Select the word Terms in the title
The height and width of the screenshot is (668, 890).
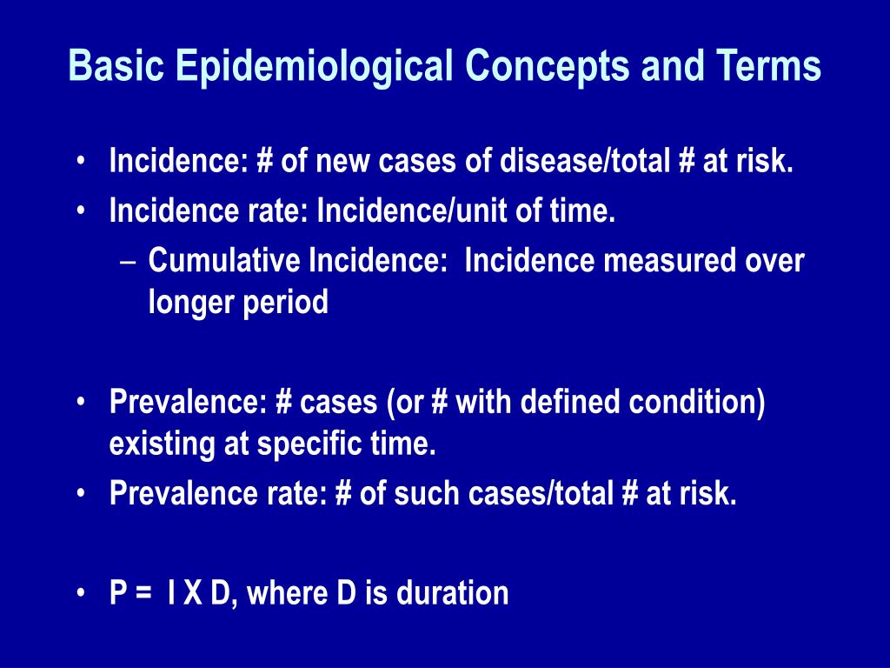pyautogui.click(x=768, y=65)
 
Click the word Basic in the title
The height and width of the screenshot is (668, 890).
pyautogui.click(x=116, y=65)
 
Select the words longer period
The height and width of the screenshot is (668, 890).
pyautogui.click(x=238, y=303)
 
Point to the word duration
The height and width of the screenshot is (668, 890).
pyautogui.click(x=452, y=593)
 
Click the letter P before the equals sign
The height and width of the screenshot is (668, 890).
pyautogui.click(x=118, y=593)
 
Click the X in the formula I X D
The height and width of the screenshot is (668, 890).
pyautogui.click(x=193, y=593)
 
